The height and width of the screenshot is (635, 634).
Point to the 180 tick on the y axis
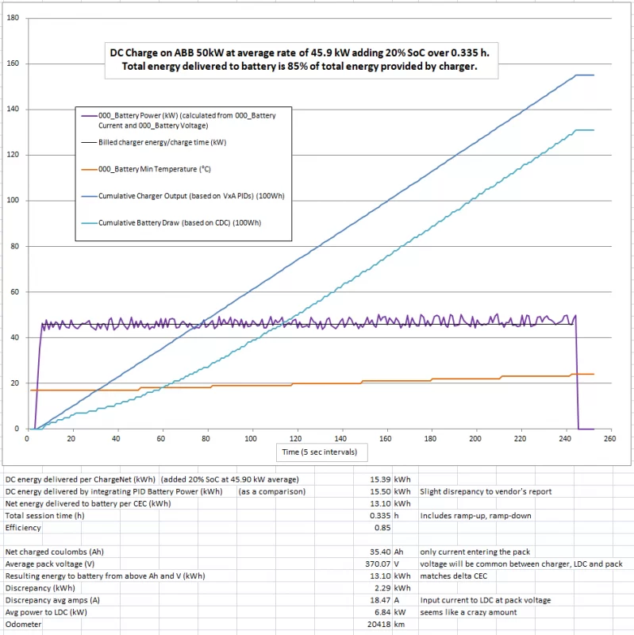[x=13, y=17]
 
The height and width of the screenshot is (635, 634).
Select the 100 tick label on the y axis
[x=13, y=200]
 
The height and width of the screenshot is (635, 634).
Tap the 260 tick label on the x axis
[x=609, y=438]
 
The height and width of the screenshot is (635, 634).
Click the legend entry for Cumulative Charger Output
[x=191, y=195]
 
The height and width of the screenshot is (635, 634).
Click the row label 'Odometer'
[x=24, y=624]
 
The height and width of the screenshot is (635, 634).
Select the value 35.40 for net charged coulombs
[x=383, y=552]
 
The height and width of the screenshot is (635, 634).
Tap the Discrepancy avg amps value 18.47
[x=383, y=600]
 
